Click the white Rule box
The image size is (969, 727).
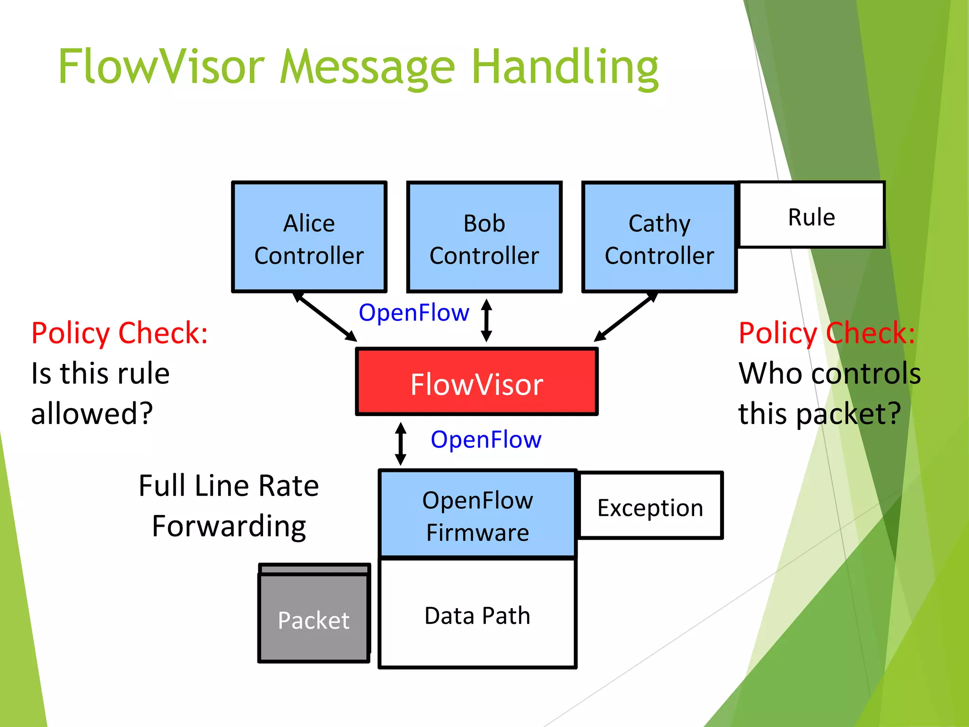coord(811,215)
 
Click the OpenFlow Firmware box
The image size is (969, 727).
coord(477,515)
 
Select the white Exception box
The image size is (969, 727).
coord(651,506)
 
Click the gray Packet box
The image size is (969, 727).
coord(314,618)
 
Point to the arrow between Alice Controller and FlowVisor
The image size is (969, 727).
coord(325,317)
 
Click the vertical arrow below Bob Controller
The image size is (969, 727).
coord(486,320)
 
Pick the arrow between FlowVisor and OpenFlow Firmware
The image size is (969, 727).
coord(401,443)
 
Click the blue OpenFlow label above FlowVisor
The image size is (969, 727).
coord(414,313)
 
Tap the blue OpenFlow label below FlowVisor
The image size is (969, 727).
coord(486,440)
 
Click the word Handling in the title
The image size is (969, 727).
coord(565,67)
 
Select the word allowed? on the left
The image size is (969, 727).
coord(92,413)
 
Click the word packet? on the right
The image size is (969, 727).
coord(848,413)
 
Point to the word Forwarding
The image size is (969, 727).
coord(229,526)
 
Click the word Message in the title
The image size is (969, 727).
coord(367,67)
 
